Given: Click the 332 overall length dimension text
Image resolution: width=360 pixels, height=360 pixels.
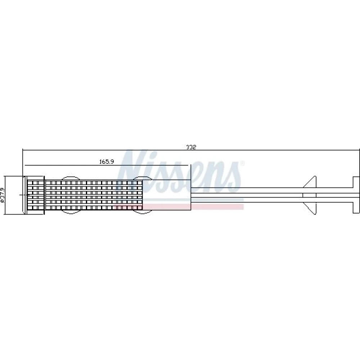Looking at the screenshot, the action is click(191, 147).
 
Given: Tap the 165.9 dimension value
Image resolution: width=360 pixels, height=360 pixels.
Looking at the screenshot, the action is click(107, 162).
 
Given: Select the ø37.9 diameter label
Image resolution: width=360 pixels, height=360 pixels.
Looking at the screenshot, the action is click(3, 195).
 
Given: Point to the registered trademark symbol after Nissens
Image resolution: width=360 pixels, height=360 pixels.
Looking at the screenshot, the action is click(242, 163).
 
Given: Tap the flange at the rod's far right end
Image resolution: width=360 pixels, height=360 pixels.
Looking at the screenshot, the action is click(356, 195).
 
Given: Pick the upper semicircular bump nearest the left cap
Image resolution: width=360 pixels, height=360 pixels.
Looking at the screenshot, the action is click(71, 178).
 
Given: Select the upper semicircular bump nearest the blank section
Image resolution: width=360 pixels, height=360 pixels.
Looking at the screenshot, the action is click(142, 178).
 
